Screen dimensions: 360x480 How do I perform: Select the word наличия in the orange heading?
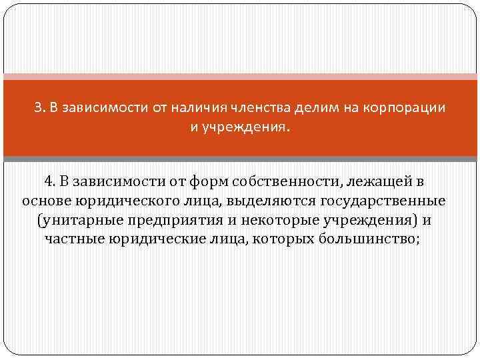[198, 107]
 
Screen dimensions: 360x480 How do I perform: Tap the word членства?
[259, 107]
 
